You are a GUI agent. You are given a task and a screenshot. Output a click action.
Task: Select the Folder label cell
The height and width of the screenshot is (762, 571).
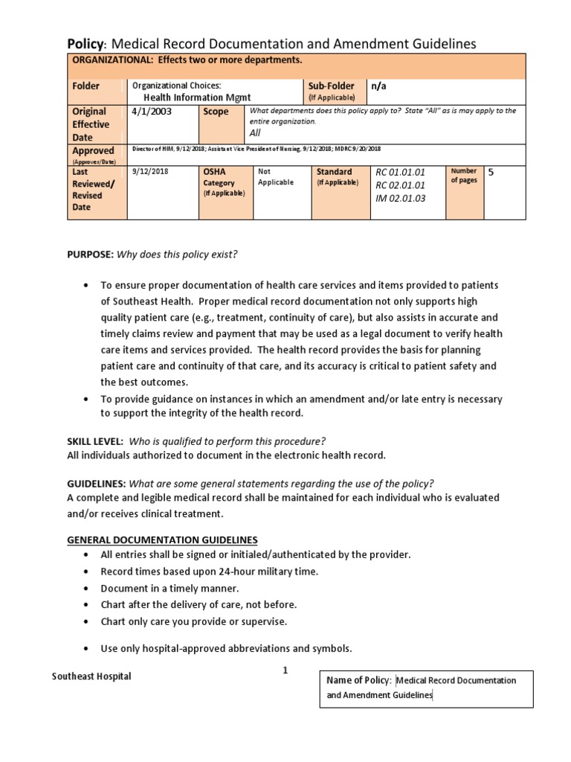86,86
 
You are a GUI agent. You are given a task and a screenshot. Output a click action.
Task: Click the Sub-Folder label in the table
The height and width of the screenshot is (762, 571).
331,86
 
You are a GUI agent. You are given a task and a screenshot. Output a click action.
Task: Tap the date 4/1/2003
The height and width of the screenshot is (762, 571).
146,112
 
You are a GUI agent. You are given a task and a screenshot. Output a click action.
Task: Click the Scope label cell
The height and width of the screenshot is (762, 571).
216,112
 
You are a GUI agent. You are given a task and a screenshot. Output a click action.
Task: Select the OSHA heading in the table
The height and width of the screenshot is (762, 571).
214,172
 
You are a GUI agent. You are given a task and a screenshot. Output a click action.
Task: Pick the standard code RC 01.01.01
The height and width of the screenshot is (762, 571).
401,172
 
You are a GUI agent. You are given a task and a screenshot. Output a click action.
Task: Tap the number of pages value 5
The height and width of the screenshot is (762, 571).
490,172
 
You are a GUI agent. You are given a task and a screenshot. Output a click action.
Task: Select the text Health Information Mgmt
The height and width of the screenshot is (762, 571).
197,97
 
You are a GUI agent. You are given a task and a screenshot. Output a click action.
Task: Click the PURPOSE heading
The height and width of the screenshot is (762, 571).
90,254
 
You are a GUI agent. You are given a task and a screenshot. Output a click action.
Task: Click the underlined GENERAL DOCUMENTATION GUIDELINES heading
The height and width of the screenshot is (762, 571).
163,540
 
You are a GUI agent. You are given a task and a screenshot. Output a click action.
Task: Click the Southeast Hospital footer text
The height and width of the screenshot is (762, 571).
91,676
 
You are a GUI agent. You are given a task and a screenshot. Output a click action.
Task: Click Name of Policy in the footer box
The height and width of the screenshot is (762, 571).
358,680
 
